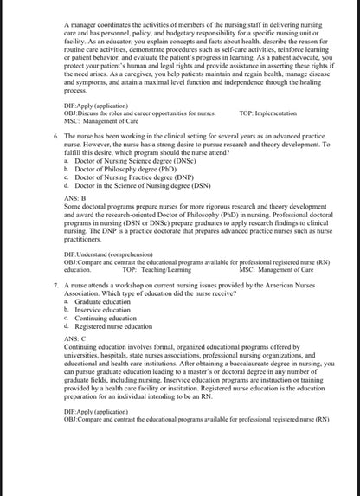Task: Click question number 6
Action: click(x=55, y=136)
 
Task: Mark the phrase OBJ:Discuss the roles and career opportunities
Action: click(x=130, y=113)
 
